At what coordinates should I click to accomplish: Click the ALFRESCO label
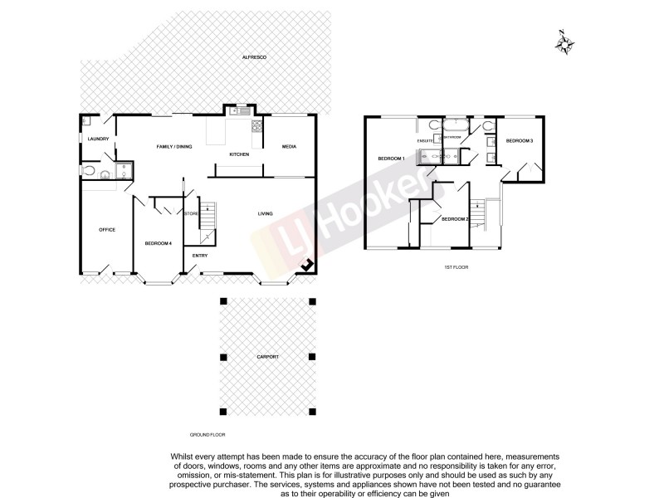tap(252, 56)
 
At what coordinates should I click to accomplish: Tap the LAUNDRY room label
tap(99, 139)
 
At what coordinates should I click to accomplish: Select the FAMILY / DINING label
tap(174, 147)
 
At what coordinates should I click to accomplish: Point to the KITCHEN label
tap(240, 155)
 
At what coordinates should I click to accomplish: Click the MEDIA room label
tap(289, 147)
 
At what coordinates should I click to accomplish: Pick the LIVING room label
tap(265, 214)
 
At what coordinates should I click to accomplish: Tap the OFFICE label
tap(106, 229)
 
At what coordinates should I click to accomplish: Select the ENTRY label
tap(200, 255)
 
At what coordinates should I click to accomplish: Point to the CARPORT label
tap(267, 357)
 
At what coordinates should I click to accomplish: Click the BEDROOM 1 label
tap(391, 158)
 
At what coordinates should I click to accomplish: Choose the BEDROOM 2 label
tap(455, 218)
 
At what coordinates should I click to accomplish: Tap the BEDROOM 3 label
tap(520, 141)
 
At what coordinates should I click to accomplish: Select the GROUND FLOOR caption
tap(207, 434)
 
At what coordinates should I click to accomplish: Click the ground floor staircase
tap(207, 217)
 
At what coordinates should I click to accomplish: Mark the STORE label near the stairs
tap(191, 213)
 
